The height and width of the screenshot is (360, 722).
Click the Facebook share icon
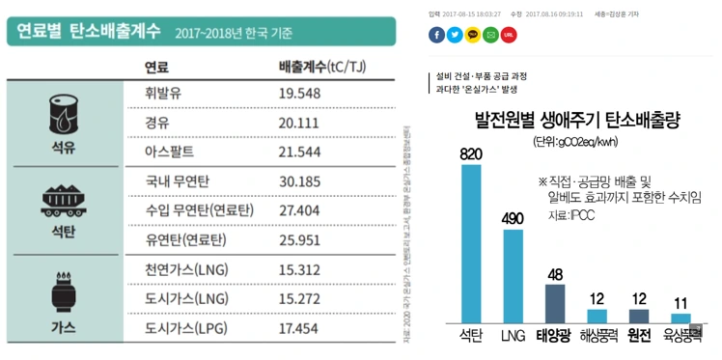437,36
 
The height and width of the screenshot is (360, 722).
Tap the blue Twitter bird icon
455,36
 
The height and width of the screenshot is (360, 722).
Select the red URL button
509,36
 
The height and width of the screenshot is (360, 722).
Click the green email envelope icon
490,36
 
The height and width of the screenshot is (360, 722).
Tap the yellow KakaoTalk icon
473,36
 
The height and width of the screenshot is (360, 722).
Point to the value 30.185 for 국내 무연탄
298,180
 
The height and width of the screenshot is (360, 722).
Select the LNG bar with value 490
513,275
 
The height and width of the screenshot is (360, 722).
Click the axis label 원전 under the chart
639,337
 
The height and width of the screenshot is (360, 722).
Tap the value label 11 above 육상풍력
681,303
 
